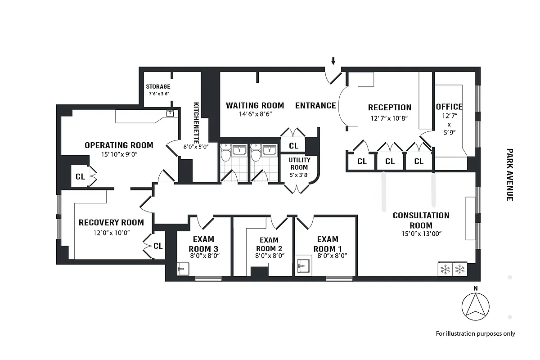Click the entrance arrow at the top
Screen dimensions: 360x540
333,61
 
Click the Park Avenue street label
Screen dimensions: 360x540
509,175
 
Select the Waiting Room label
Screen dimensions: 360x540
255,106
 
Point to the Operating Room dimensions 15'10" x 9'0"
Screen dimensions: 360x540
119,154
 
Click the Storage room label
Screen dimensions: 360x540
158,87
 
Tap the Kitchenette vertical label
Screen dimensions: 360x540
197,121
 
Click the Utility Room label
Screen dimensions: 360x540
299,164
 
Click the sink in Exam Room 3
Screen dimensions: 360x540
182,269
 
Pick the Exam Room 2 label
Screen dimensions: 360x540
269,244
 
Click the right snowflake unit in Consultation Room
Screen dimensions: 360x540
460,269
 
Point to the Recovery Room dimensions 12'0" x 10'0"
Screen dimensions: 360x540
111,233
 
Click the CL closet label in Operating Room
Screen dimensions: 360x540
80,177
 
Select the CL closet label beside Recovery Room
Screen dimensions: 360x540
158,246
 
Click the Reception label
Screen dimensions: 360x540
389,108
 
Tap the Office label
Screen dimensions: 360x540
449,107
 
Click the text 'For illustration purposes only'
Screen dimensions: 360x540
475,333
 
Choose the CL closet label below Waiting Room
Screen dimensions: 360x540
293,146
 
